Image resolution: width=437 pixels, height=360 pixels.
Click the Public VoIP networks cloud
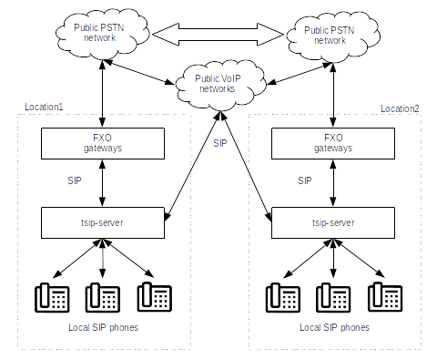[x=220, y=85]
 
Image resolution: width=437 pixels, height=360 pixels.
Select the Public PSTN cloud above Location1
[x=103, y=34]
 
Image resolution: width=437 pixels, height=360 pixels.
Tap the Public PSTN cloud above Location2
[x=333, y=36]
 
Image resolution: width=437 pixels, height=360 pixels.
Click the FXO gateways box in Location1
[x=103, y=143]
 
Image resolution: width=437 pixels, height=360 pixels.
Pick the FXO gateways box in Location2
[x=333, y=143]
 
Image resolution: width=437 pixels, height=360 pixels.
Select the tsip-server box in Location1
[x=103, y=222]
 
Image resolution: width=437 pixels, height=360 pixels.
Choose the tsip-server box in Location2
[x=333, y=222]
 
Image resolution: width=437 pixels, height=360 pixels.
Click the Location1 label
[x=44, y=107]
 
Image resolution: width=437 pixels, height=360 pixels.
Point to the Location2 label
[x=400, y=108]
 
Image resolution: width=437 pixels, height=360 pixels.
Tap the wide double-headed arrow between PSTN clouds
[x=218, y=35]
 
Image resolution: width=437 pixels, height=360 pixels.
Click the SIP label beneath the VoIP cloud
[x=220, y=143]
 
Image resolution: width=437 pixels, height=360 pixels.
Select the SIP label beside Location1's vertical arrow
[x=75, y=180]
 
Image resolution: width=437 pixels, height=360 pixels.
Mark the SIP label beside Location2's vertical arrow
[x=305, y=180]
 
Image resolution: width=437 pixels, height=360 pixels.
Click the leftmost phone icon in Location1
[x=52, y=298]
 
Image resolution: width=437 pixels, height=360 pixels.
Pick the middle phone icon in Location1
[x=103, y=298]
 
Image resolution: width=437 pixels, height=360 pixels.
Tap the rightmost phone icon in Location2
[x=385, y=297]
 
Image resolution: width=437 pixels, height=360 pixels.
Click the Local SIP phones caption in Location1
[x=104, y=327]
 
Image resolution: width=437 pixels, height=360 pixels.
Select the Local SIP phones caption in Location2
[x=335, y=327]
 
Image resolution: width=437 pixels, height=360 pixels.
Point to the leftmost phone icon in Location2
[x=283, y=298]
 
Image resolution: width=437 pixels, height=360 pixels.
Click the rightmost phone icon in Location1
[x=155, y=297]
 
